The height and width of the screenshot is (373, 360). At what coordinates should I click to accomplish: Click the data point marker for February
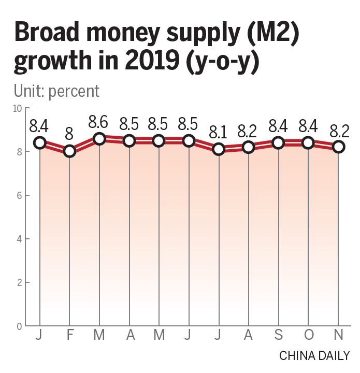click(69, 151)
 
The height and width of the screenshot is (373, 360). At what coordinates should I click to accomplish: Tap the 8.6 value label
click(98, 122)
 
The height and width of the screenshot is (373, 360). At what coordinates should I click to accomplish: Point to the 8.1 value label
click(218, 133)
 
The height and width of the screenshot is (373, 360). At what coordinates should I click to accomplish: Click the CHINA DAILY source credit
click(314, 356)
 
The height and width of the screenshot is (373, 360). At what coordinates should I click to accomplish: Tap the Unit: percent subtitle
click(56, 91)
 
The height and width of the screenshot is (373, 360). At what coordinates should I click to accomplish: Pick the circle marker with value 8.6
click(99, 138)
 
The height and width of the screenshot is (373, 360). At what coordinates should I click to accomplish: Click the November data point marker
click(338, 147)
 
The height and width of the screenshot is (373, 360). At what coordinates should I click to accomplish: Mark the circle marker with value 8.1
click(219, 149)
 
